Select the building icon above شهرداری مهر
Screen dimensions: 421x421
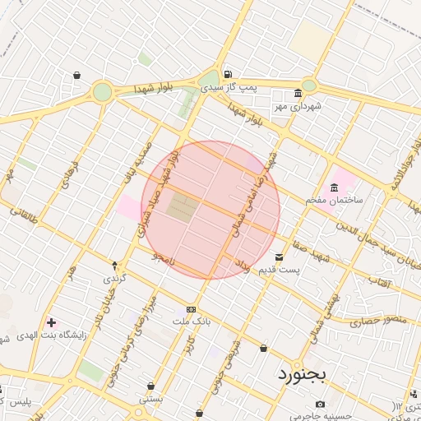297,93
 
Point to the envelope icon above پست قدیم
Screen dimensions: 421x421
280,257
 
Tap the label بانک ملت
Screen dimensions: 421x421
192,322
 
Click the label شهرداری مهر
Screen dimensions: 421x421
298,106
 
